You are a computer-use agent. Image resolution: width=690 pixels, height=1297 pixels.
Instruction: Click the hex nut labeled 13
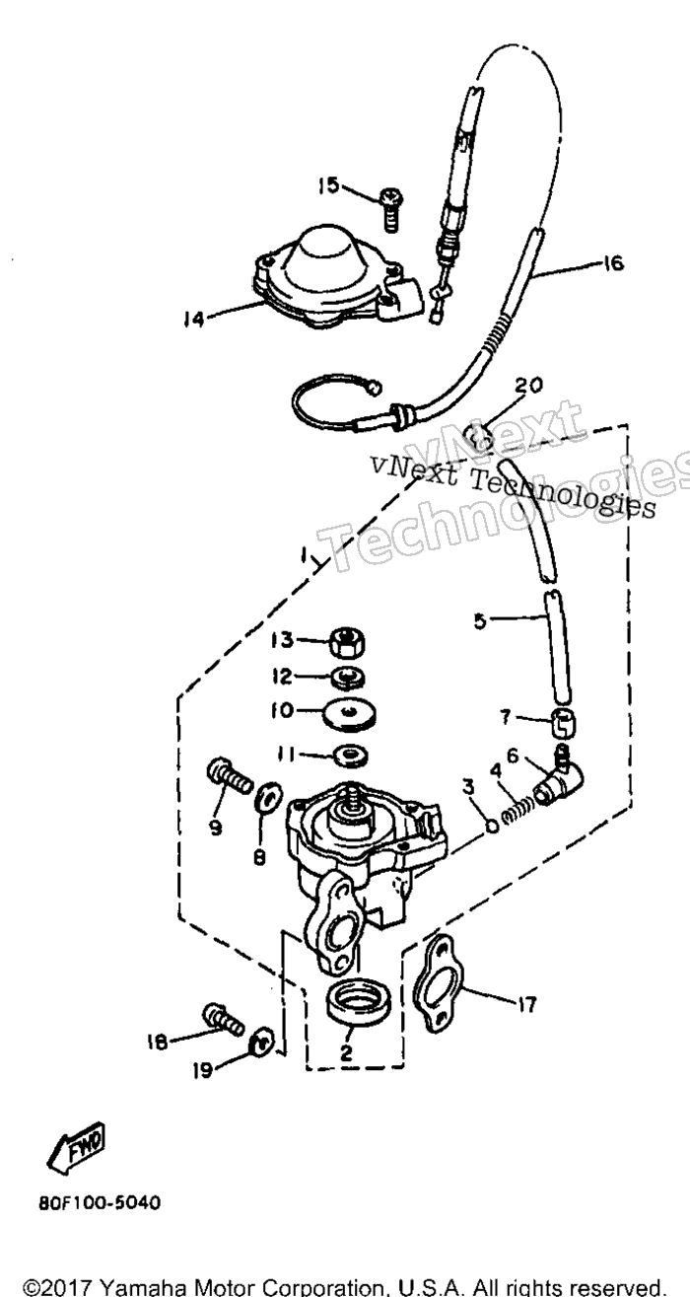(x=347, y=644)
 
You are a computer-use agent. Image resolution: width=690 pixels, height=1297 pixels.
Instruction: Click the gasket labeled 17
(x=439, y=982)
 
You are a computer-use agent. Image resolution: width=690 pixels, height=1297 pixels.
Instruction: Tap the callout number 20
(x=528, y=385)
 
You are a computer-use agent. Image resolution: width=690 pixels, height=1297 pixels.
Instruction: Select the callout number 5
(x=480, y=621)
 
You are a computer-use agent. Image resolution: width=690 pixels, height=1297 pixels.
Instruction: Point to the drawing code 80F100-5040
(x=100, y=1203)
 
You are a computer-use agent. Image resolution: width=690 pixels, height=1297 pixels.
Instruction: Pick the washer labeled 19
(x=261, y=1042)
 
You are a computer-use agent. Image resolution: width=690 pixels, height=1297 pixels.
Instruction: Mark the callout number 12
(x=283, y=677)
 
